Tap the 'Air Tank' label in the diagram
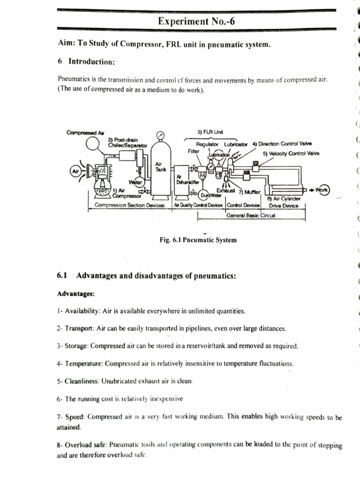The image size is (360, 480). point(159,167)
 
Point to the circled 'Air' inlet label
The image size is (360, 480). point(75,172)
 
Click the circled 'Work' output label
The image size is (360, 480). point(322,190)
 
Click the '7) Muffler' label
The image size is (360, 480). point(253,192)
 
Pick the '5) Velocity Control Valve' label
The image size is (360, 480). point(291,153)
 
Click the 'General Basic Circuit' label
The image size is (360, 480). point(251,216)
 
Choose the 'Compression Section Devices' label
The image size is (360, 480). point(129,205)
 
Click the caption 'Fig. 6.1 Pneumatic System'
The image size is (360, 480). point(198,240)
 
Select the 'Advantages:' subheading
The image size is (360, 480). point(75,294)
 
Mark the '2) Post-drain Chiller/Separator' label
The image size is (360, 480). point(127,142)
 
